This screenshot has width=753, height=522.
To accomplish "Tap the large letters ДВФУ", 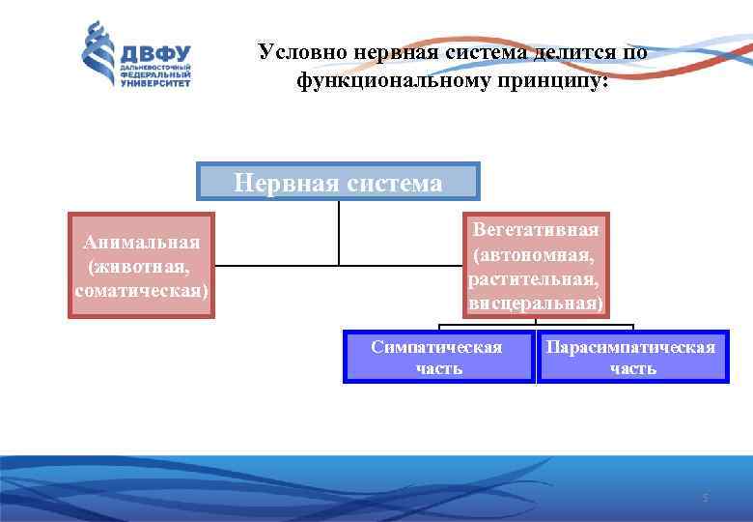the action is tap(155, 52).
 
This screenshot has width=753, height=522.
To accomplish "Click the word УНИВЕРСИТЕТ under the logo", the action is tap(155, 84).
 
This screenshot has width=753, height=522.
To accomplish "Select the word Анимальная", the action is tap(142, 242).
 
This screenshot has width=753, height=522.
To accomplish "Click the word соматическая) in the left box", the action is tap(142, 289).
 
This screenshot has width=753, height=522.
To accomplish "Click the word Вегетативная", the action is tap(536, 230).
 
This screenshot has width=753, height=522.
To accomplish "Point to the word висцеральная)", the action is tap(536, 304).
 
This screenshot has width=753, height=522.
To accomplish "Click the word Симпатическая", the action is tap(436, 347).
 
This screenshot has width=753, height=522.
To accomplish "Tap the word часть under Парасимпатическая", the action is tap(633, 368).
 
